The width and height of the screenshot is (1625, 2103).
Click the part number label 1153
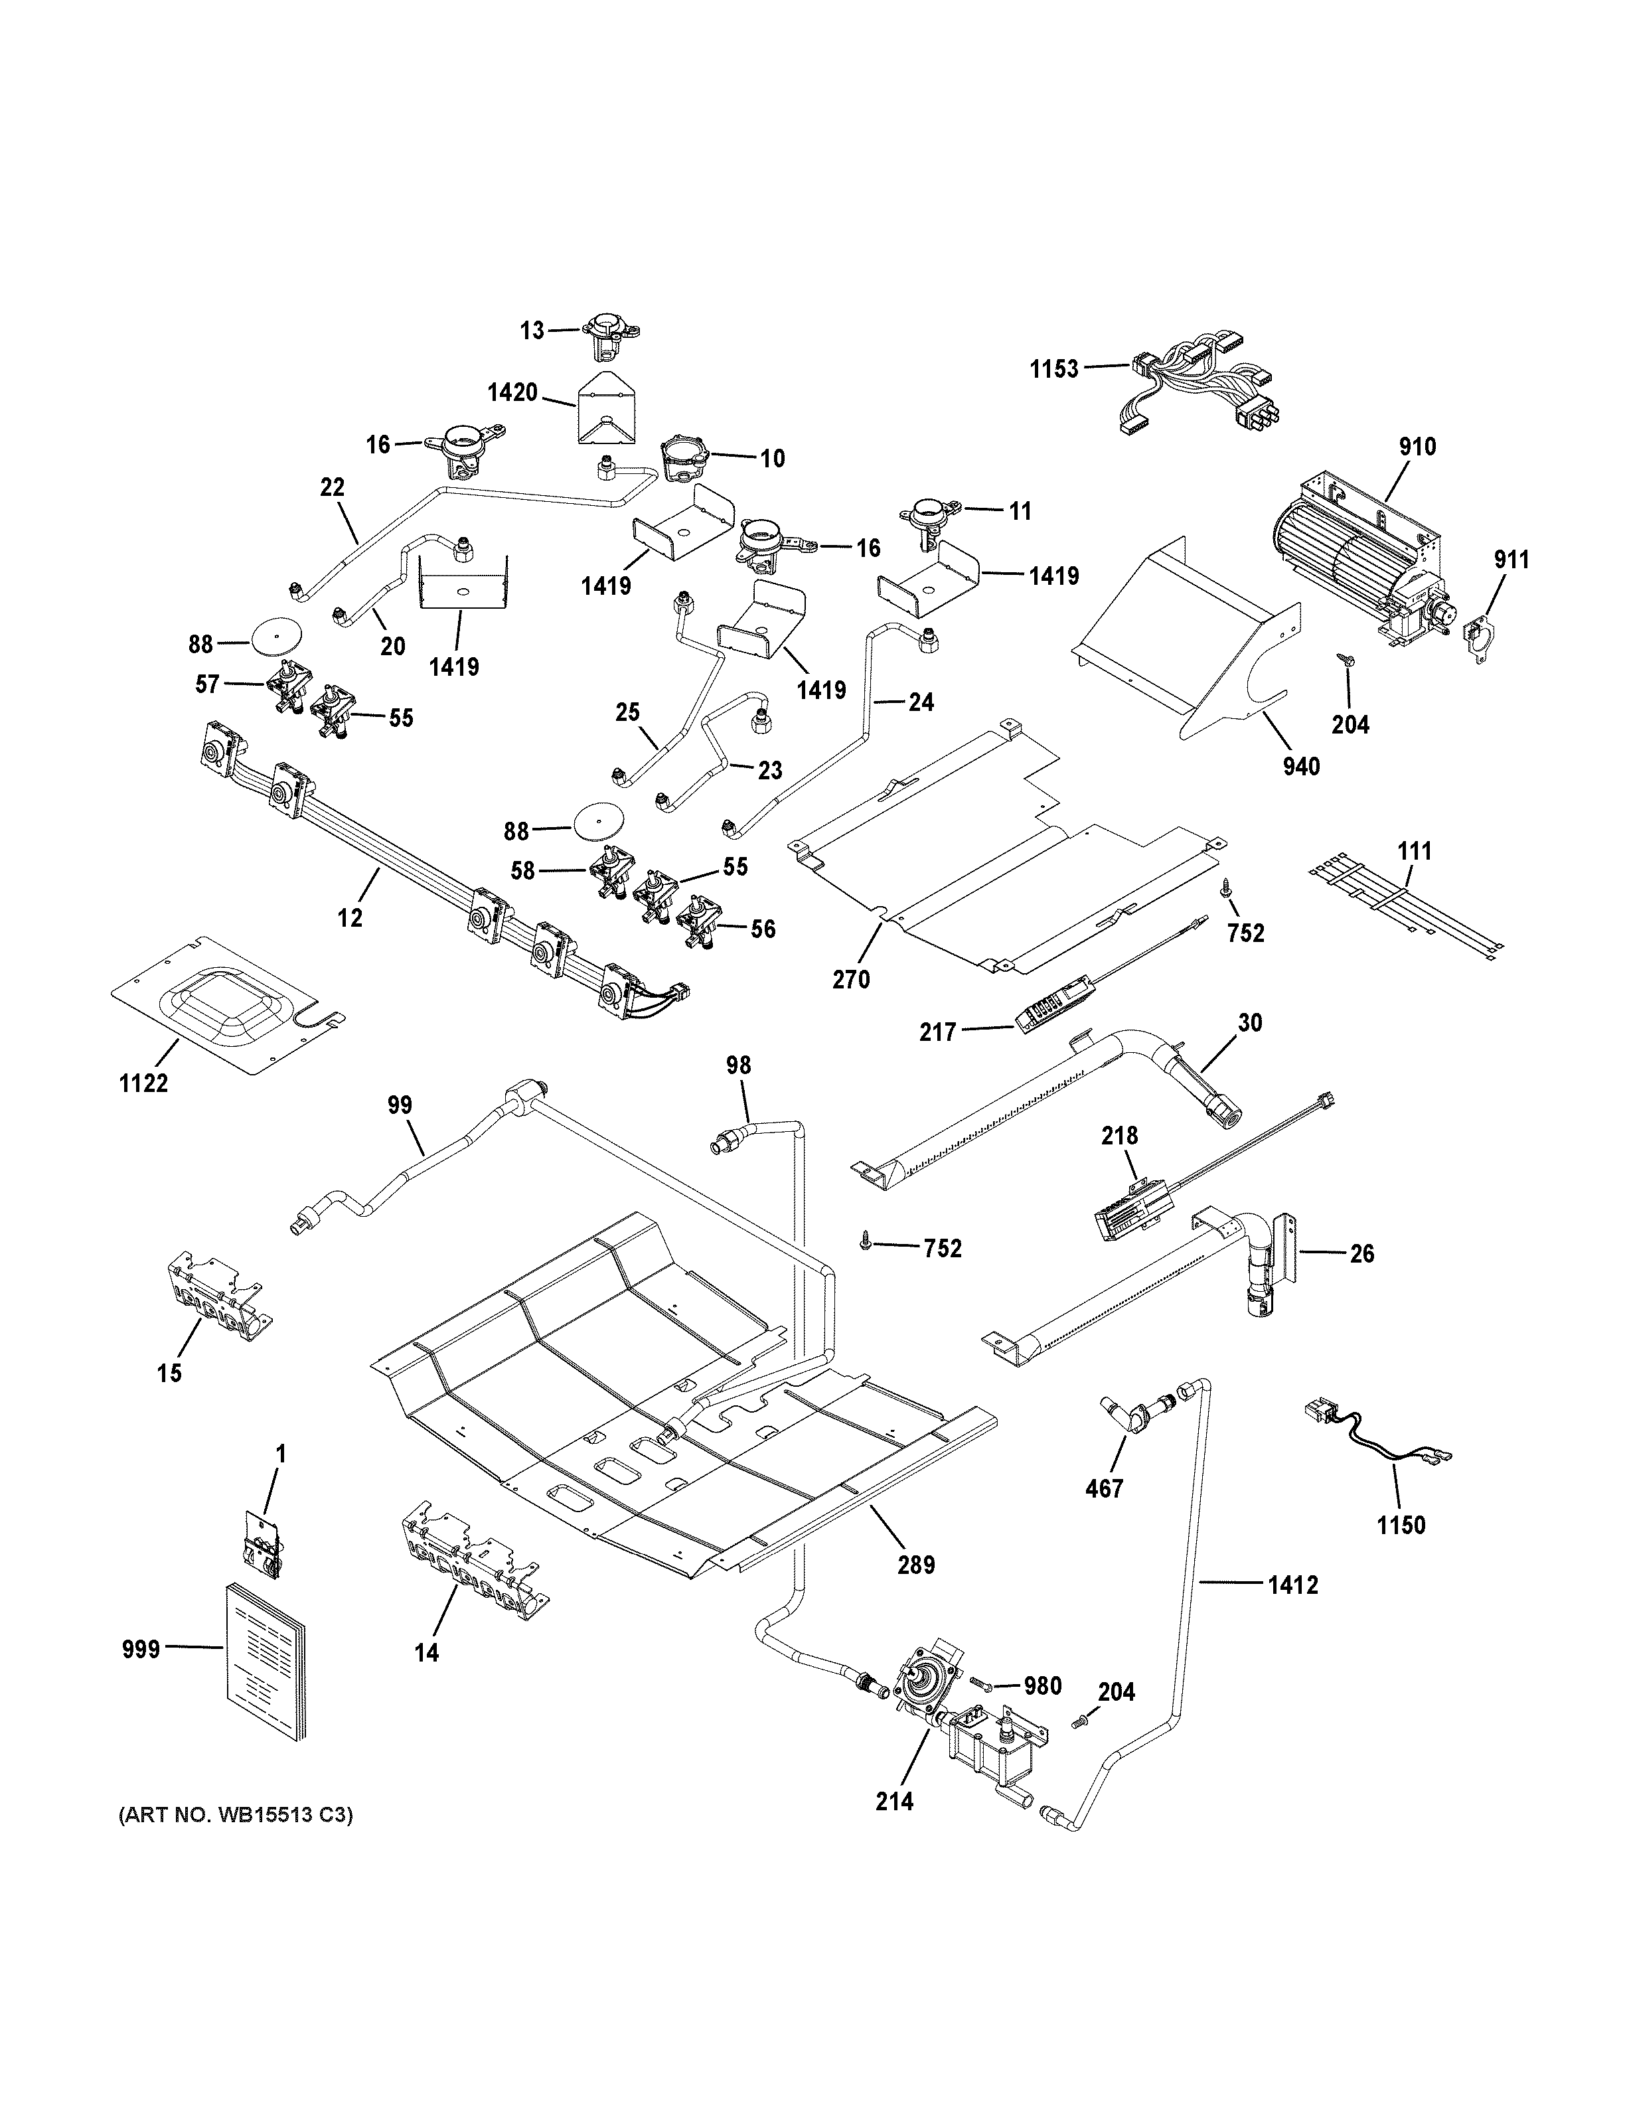click(1054, 369)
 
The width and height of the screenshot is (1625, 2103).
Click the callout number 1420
click(512, 393)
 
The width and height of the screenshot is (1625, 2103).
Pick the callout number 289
click(915, 1565)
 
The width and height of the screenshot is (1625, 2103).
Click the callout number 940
click(1300, 767)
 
